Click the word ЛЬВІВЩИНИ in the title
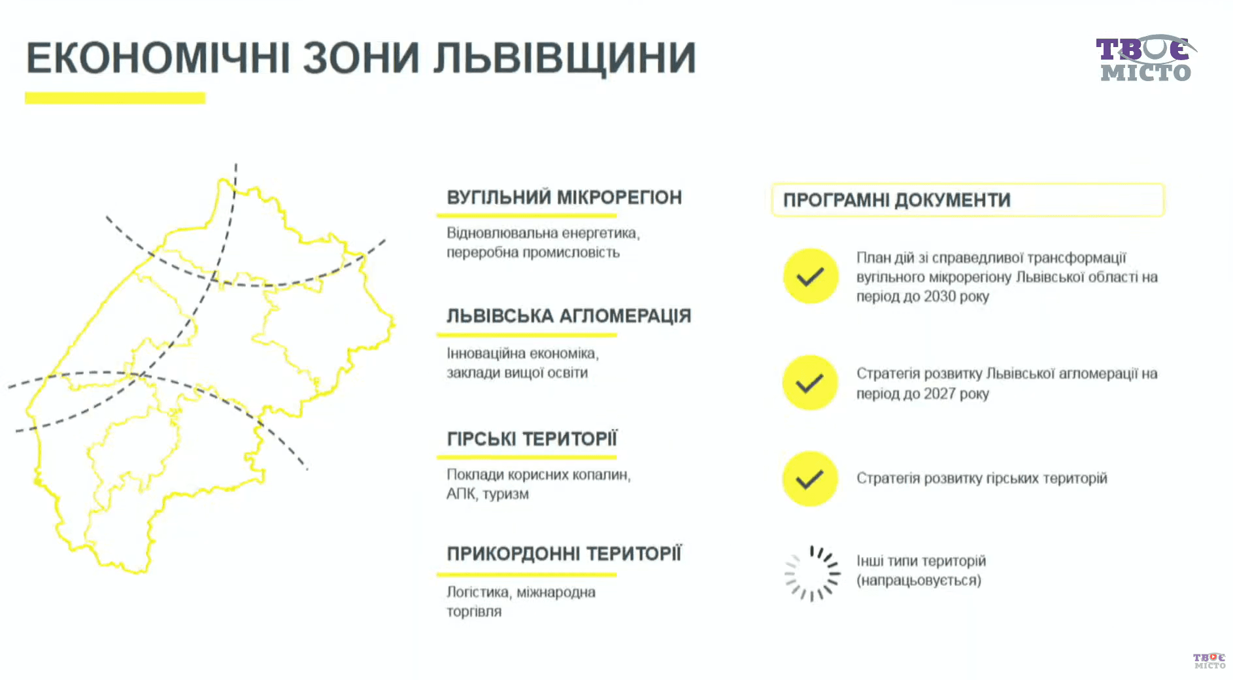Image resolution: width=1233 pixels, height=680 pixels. [565, 58]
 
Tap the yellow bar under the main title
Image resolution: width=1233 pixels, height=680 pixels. [115, 98]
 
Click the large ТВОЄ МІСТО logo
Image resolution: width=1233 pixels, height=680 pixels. [1145, 59]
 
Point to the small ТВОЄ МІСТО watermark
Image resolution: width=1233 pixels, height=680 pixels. [1209, 660]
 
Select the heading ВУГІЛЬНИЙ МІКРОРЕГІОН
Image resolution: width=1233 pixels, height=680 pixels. [564, 197]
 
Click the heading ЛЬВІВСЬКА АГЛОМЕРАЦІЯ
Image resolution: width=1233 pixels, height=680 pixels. [569, 316]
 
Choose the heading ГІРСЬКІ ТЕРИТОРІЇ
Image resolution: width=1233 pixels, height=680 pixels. [532, 439]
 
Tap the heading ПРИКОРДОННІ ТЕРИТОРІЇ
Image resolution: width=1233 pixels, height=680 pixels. [564, 554]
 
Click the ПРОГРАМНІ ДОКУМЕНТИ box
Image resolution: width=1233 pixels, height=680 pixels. [968, 200]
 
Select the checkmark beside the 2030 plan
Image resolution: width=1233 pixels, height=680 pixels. [811, 277]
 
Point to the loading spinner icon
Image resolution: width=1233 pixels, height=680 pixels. [813, 573]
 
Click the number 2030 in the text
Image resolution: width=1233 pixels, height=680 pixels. [940, 296]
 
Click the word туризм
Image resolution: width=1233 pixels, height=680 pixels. [505, 494]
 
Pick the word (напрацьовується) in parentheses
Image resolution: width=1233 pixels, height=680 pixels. [919, 581]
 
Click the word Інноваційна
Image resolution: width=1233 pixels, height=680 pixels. [486, 353]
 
